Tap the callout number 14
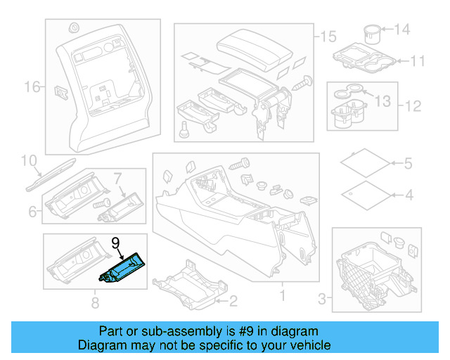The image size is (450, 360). (x=401, y=30)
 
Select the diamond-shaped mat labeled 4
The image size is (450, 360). (x=364, y=193)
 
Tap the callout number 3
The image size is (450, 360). (x=322, y=300)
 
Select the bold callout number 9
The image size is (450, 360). (x=116, y=243)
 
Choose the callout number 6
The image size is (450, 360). (x=32, y=211)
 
